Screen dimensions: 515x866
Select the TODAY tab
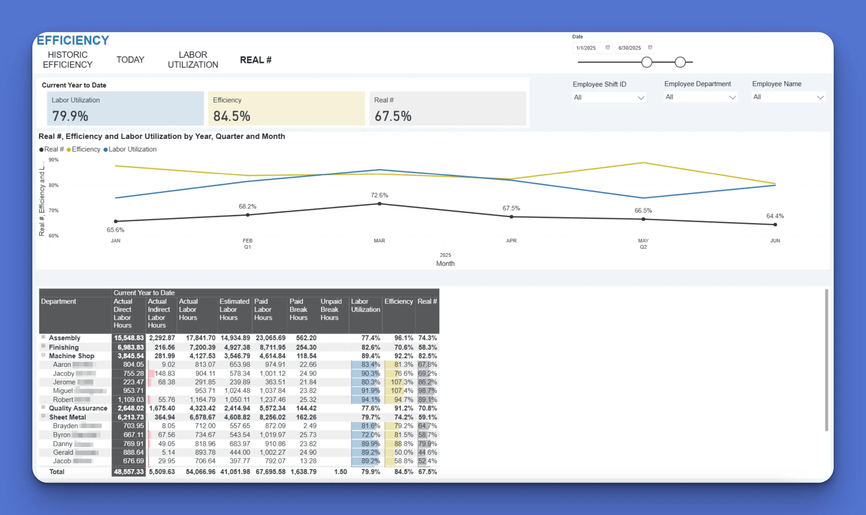point(130,60)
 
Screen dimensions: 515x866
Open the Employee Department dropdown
point(700,97)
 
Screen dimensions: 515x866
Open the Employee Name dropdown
point(788,97)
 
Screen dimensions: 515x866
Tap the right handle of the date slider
point(680,63)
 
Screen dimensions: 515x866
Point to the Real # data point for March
point(379,204)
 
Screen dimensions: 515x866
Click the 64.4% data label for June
point(775,216)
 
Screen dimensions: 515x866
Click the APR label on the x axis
point(511,240)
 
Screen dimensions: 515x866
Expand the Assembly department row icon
point(43,337)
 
